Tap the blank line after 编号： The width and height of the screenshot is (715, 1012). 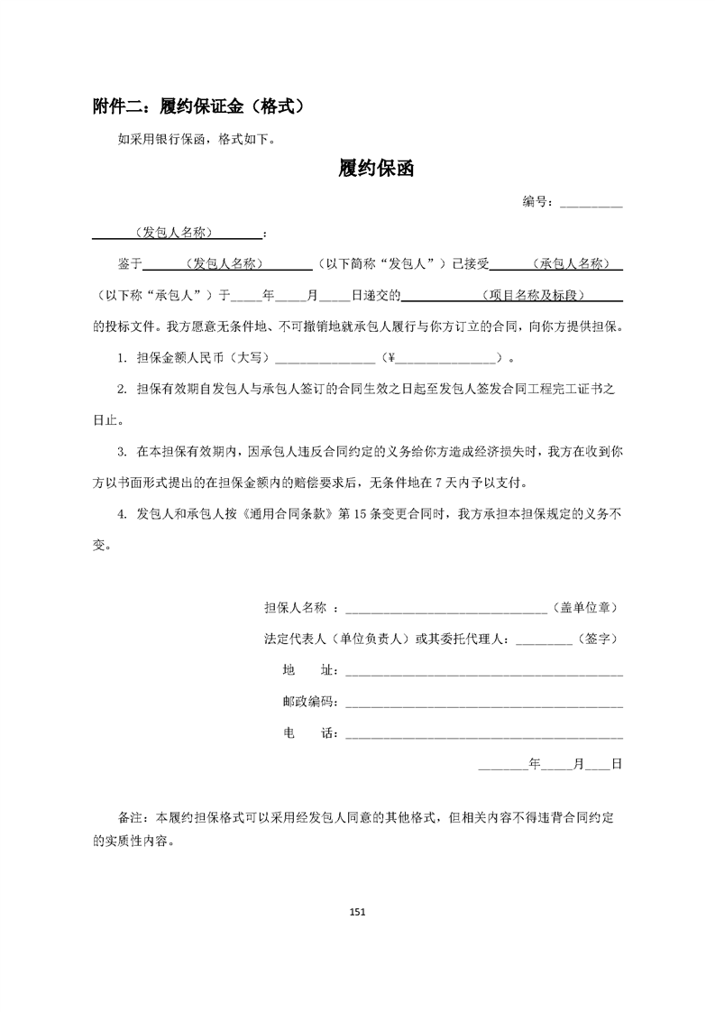click(591, 203)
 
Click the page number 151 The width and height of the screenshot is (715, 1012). click(357, 912)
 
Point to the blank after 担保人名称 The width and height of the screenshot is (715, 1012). click(446, 609)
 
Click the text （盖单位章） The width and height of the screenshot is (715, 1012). click(587, 609)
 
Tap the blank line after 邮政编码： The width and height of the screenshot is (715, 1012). click(483, 702)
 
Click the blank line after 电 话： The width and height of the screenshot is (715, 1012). click(483, 733)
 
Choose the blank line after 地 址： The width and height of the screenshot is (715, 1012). click(483, 671)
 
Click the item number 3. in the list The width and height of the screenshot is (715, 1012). click(122, 450)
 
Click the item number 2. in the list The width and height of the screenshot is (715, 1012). click(122, 389)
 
